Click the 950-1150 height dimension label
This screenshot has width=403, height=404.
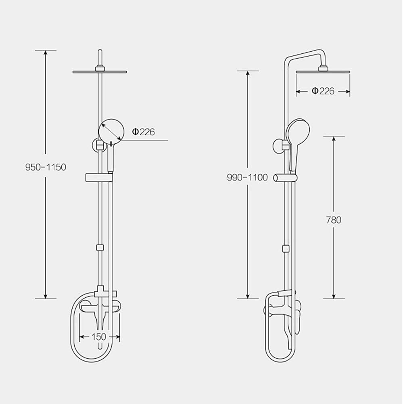click(x=45, y=167)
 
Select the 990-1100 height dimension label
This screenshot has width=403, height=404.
click(x=247, y=177)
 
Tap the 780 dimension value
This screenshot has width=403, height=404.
click(x=333, y=220)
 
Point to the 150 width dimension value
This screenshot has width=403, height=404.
click(x=99, y=337)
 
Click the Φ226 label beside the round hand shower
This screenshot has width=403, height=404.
click(x=144, y=132)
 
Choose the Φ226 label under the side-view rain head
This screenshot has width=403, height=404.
click(x=323, y=91)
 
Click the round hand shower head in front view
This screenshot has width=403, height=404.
click(x=111, y=130)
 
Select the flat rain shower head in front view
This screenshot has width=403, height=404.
click(x=99, y=72)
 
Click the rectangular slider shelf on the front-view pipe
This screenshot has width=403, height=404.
click(x=99, y=177)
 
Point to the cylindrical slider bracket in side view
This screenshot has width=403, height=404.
click(x=286, y=177)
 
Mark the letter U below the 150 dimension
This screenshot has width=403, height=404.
click(x=99, y=346)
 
